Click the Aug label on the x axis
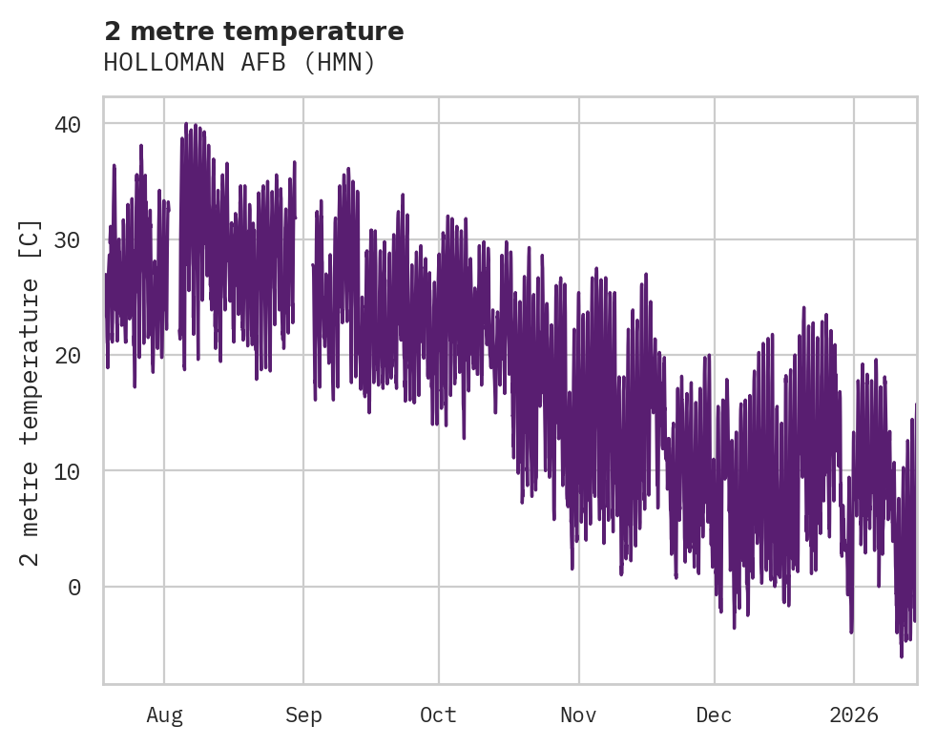click(164, 715)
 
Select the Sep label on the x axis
click(303, 715)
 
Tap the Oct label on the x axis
click(439, 715)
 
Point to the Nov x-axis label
click(578, 715)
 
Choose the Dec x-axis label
click(714, 715)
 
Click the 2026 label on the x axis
click(853, 715)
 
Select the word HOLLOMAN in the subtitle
click(152, 63)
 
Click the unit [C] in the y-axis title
click(31, 239)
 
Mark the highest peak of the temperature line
click(186, 124)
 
